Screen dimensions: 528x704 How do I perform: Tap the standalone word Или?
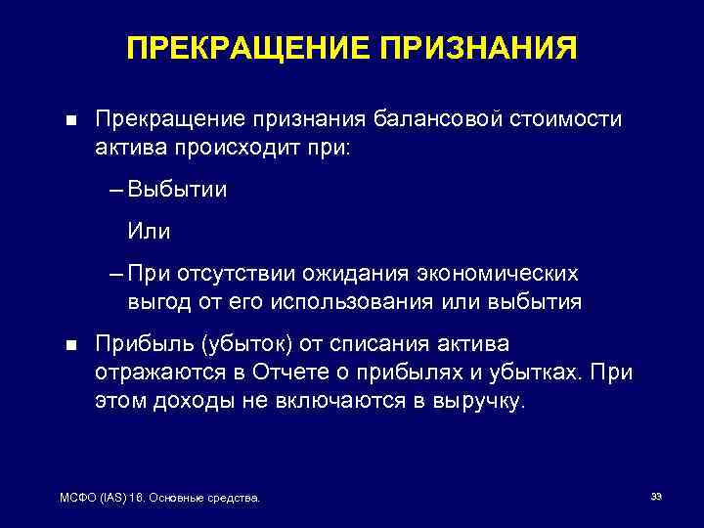pos(149,232)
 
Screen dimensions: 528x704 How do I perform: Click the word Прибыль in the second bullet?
pos(144,345)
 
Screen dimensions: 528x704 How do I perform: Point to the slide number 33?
pos(656,498)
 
